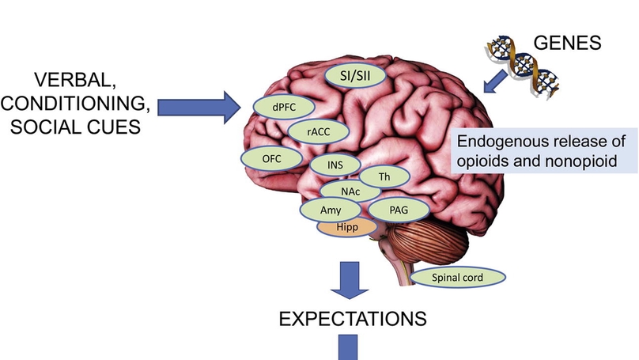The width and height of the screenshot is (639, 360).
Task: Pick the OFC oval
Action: tap(271, 158)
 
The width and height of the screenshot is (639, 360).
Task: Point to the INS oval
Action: tap(336, 165)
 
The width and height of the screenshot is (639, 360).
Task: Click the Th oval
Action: tap(384, 176)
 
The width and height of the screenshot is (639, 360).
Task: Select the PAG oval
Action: tap(399, 209)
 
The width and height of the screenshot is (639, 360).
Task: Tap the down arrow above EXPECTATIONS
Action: tap(348, 279)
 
